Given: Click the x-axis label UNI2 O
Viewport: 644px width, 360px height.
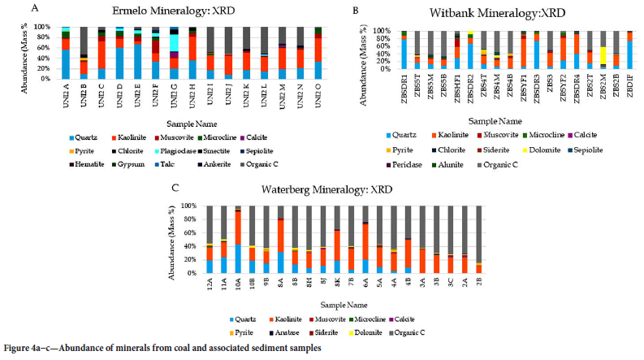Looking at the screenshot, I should [322, 95].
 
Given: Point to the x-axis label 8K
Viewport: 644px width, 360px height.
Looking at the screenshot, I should [314, 284].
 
